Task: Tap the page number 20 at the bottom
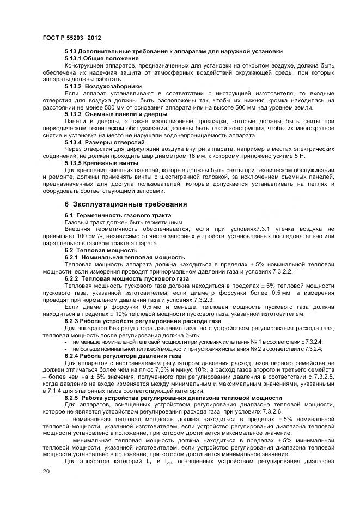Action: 46,471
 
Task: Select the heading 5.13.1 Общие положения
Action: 94,58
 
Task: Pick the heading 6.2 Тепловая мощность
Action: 93,250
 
